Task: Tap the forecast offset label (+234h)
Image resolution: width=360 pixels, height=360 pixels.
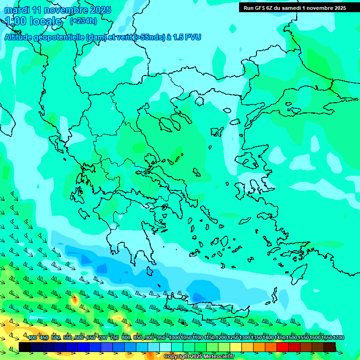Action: (83, 21)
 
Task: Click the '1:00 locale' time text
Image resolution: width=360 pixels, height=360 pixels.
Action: (34, 21)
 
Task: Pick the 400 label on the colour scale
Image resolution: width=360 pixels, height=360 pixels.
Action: (32, 338)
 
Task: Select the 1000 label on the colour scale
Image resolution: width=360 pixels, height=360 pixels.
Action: (174, 338)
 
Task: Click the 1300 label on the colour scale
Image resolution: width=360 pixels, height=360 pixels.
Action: (245, 338)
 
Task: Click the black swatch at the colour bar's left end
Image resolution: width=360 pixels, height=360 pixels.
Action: (25, 347)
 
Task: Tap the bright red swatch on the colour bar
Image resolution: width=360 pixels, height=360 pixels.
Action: (283, 347)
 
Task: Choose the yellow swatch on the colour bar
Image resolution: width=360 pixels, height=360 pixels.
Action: (236, 347)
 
